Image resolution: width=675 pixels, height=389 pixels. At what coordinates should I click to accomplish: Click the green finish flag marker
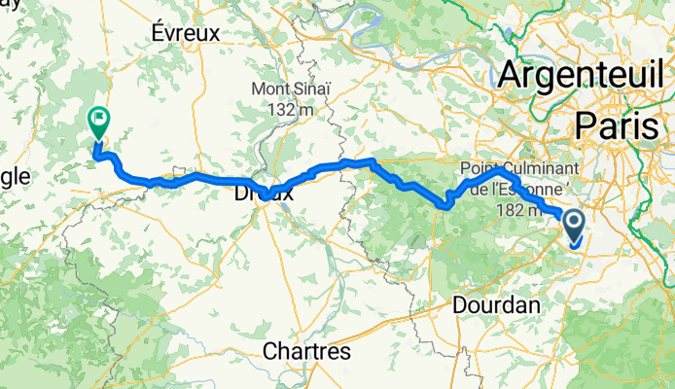pos(98,122)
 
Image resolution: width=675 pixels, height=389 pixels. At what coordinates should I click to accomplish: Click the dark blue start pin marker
pos(573,227)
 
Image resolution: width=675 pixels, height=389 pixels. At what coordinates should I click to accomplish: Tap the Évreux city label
pos(187,32)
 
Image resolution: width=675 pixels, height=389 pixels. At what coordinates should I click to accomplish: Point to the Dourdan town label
pos(496,304)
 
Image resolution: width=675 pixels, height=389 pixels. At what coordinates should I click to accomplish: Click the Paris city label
pos(622,124)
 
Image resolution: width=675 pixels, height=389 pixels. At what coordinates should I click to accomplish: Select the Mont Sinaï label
pos(290,89)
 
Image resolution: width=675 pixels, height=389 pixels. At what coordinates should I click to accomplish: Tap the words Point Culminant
pos(526,167)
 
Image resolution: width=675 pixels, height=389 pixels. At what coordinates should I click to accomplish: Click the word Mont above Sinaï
pos(270,89)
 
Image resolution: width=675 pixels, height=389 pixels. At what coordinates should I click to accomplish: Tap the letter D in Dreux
pos(240,194)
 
